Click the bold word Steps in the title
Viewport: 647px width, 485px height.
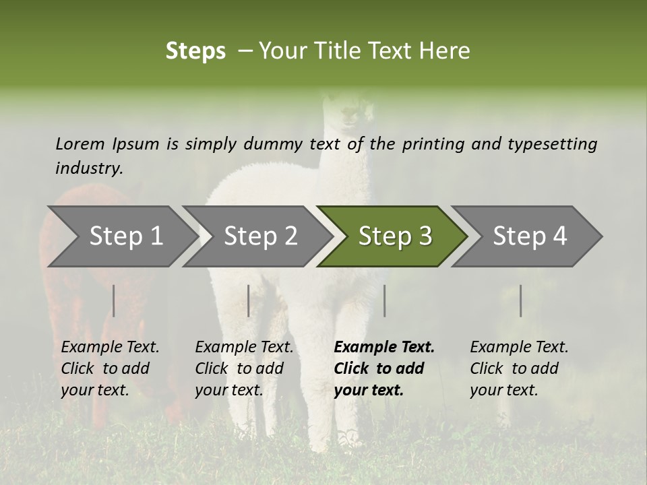pyautogui.click(x=195, y=51)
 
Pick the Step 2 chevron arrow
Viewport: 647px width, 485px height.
pyautogui.click(x=258, y=236)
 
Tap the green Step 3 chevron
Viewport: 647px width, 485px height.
pyautogui.click(x=393, y=236)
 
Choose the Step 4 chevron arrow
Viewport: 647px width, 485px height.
pyautogui.click(x=528, y=236)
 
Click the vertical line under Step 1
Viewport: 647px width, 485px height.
pyautogui.click(x=114, y=300)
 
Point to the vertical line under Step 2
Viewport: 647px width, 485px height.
pyautogui.click(x=249, y=300)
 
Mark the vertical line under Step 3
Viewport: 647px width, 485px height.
pyautogui.click(x=385, y=300)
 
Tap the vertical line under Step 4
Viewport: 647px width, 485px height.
pyautogui.click(x=521, y=300)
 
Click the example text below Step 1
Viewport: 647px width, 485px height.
pyautogui.click(x=110, y=368)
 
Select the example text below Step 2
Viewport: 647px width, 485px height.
pyautogui.click(x=244, y=368)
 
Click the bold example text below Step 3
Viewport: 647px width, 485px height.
pyautogui.click(x=384, y=368)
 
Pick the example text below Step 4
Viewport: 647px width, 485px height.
pyautogui.click(x=519, y=368)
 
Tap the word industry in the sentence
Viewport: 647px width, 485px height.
pyautogui.click(x=89, y=168)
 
